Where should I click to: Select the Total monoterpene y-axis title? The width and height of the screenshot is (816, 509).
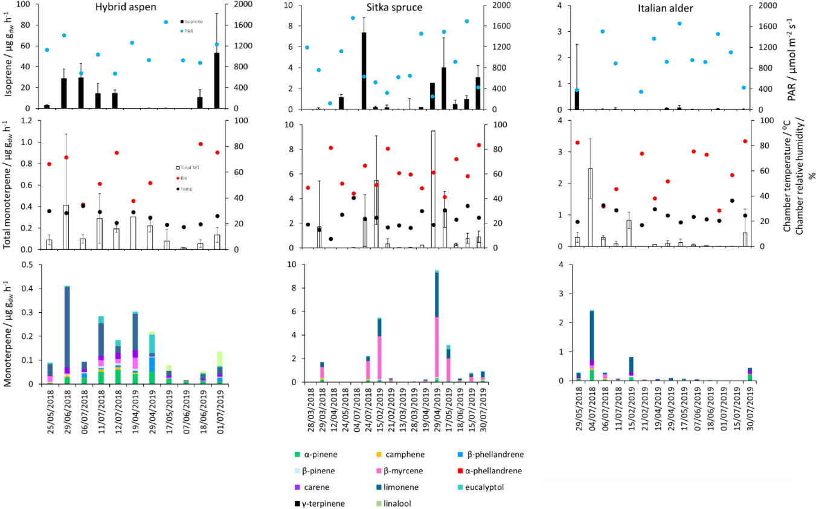tap(11, 184)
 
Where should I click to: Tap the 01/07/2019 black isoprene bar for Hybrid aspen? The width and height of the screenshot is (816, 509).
tap(217, 81)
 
